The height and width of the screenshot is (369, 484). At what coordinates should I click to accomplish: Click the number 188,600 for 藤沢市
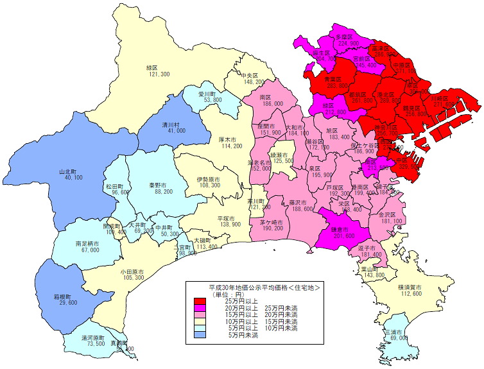tap(301, 209)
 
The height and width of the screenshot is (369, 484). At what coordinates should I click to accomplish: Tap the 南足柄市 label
tap(86, 243)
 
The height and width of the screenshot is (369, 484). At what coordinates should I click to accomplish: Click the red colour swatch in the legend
tap(200, 302)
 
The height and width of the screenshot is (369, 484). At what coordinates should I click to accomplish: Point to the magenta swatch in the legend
tap(200, 309)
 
